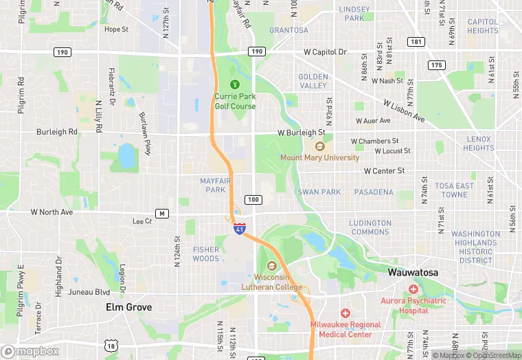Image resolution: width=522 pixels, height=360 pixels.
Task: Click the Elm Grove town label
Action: (128, 307)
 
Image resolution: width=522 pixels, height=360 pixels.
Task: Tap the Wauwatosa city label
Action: (414, 272)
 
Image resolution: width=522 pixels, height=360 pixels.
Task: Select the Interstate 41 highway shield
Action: (239, 229)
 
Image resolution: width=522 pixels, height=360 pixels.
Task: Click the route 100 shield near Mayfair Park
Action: (253, 200)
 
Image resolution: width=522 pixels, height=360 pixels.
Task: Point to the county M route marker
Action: (162, 213)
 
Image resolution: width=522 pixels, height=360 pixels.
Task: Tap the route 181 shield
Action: (416, 42)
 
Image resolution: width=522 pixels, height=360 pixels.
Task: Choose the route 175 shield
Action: (436, 65)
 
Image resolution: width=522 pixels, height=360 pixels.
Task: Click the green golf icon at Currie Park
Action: (235, 85)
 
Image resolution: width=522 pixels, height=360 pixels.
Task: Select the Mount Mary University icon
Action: (319, 146)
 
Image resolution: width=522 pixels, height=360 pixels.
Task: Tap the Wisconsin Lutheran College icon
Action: (272, 266)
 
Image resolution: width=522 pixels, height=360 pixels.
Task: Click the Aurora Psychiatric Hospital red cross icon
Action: (413, 289)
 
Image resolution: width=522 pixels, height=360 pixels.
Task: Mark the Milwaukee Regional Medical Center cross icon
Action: (345, 313)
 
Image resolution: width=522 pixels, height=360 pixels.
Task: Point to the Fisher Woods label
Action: (206, 254)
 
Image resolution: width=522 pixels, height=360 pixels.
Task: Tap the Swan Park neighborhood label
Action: (319, 192)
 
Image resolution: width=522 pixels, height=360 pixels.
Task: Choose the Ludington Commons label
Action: (370, 227)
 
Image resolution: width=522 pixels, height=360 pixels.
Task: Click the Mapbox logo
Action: (30, 351)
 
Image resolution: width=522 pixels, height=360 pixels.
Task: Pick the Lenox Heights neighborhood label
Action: (479, 143)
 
